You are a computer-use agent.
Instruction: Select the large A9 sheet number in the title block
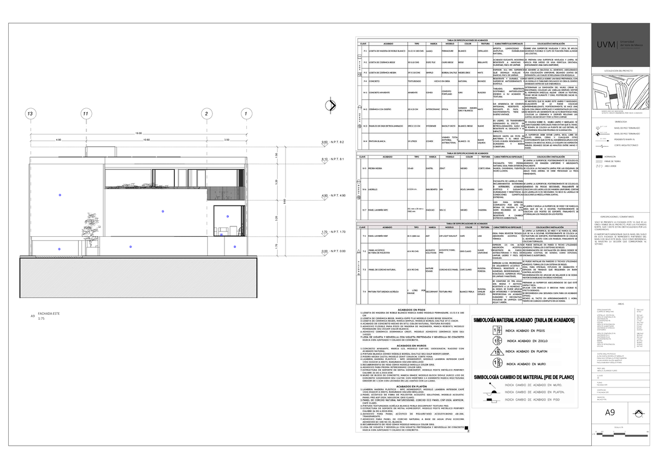pyautogui.click(x=610, y=413)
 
